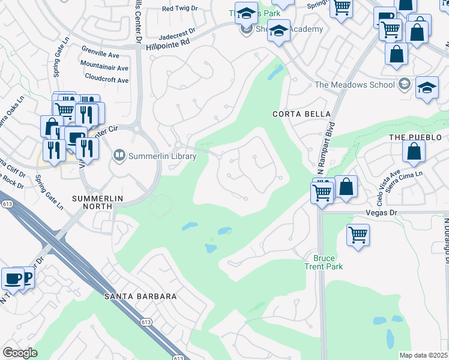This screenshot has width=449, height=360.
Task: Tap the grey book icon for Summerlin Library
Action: point(119,156)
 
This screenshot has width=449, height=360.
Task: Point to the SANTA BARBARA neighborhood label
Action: point(140,296)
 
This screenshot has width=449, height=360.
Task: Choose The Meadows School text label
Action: point(354,85)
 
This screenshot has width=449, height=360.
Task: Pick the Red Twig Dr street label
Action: point(182,8)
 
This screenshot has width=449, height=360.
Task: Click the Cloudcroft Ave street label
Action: point(106,79)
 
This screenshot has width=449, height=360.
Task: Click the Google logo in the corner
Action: point(20,353)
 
